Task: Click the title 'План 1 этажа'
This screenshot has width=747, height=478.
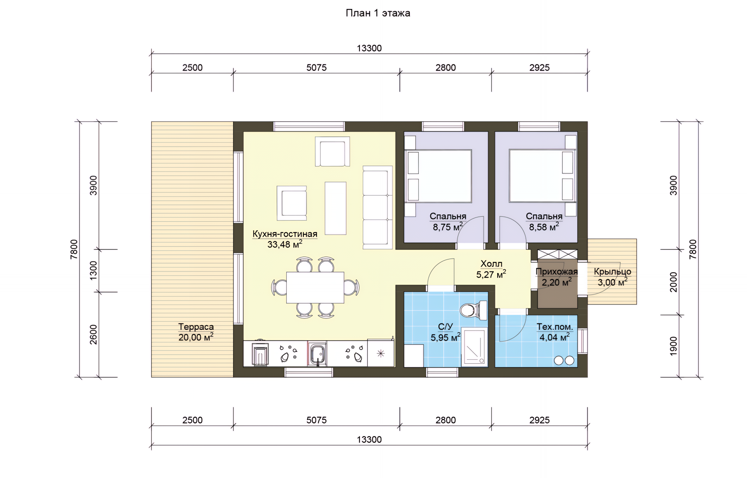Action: tap(378, 13)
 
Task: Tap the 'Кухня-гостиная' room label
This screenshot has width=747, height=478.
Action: tap(285, 234)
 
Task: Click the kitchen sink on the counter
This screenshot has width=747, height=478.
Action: tap(317, 354)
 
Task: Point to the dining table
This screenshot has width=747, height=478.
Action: tap(315, 287)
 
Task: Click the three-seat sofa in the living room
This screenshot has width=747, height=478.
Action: tap(377, 207)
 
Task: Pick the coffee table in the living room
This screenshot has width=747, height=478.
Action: tap(335, 208)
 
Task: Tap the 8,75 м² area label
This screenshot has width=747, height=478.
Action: tap(448, 227)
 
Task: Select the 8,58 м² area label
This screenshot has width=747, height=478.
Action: tap(544, 227)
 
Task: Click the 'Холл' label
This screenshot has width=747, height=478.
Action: tap(491, 264)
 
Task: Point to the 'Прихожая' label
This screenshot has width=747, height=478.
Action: tap(557, 271)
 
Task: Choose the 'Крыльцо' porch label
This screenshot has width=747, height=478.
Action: tap(612, 272)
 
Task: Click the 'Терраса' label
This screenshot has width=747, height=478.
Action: tap(196, 327)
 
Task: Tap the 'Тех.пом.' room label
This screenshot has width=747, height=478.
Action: tap(555, 327)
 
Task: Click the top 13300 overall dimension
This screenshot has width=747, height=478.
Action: tap(369, 48)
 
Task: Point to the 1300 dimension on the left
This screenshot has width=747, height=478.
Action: tap(93, 270)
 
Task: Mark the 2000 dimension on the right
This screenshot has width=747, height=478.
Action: tap(673, 282)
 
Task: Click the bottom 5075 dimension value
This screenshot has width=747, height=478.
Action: tap(316, 420)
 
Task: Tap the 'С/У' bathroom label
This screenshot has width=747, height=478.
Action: tap(445, 327)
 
